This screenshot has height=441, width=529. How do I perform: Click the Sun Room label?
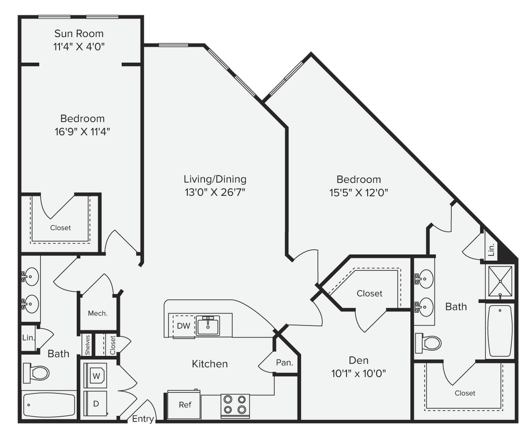[79, 34]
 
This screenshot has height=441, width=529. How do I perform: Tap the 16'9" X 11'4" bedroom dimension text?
[82, 131]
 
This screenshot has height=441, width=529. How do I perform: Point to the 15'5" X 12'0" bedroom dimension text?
[358, 192]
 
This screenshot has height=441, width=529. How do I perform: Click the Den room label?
[358, 361]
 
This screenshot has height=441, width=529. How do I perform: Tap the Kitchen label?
[209, 364]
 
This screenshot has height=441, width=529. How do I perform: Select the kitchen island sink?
[208, 325]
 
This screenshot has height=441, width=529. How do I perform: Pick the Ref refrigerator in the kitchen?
[184, 405]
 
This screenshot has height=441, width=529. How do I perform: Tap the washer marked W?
[96, 375]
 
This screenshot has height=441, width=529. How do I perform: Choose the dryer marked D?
[96, 403]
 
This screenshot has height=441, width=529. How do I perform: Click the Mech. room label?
[97, 314]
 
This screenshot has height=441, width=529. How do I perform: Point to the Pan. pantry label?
[284, 362]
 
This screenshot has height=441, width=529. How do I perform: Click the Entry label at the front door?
[143, 419]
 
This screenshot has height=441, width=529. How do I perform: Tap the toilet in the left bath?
[36, 373]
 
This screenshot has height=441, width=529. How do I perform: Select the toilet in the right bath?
[428, 343]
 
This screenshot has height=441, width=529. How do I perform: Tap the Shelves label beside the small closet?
[88, 344]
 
